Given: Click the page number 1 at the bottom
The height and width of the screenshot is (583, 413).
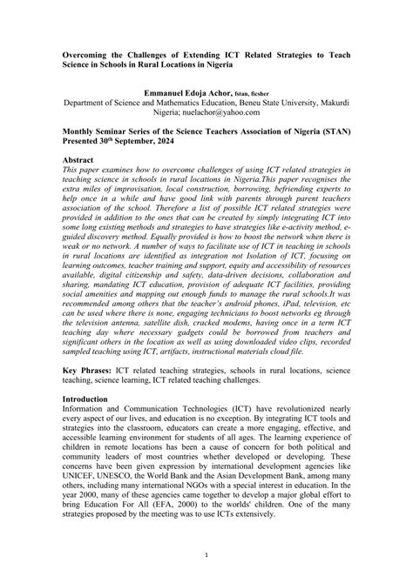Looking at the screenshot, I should tap(206, 554).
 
